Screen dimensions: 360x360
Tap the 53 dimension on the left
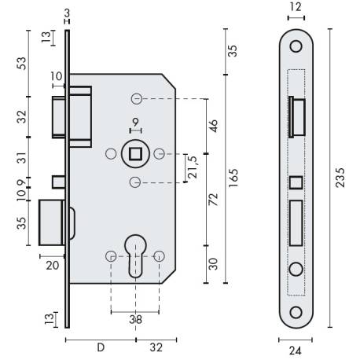pyautogui.click(x=22, y=63)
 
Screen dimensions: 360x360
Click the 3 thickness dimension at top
pyautogui.click(x=68, y=13)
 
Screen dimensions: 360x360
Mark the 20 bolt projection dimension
pyautogui.click(x=53, y=266)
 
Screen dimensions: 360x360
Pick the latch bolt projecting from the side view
pyautogui.click(x=61, y=118)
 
